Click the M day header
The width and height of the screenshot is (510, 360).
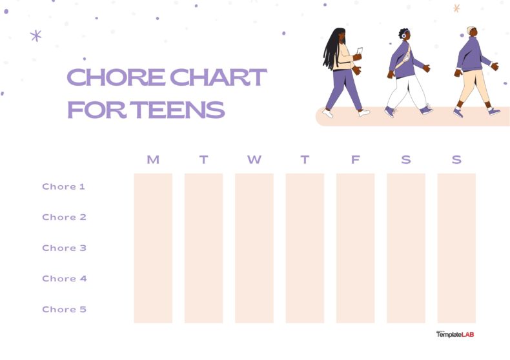153,160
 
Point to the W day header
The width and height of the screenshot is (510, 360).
254,160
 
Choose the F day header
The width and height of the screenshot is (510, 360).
355,160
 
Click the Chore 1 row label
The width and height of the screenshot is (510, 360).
64,186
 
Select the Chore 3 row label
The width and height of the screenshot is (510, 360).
64,248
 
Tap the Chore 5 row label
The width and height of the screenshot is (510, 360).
64,309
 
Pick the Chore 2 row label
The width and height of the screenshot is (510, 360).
64,217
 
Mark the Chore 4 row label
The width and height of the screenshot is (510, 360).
64,279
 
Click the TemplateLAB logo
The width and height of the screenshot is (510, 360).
455,334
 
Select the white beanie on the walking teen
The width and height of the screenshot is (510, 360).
471,30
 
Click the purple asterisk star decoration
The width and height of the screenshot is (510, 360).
36,35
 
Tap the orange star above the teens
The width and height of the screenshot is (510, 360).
456,8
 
